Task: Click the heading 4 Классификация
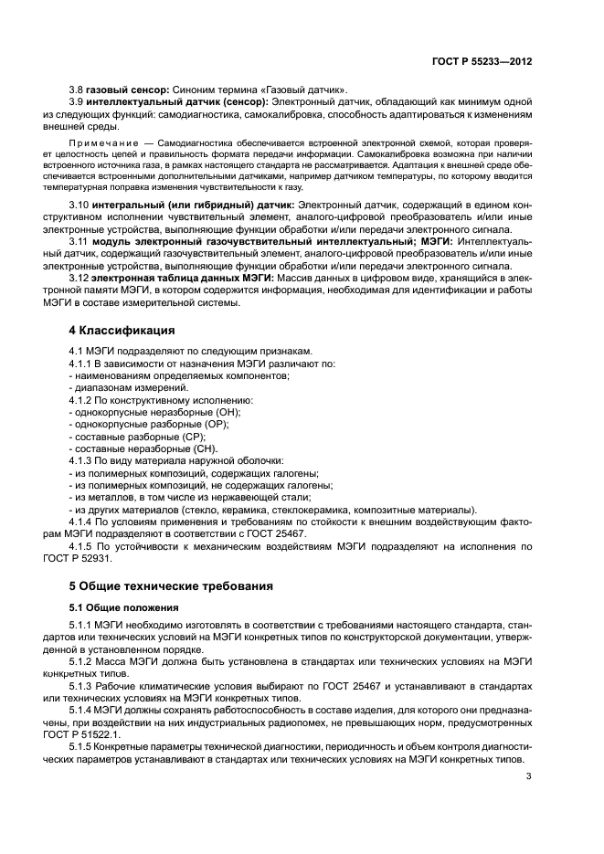tap(123, 329)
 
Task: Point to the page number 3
tap(529, 777)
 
